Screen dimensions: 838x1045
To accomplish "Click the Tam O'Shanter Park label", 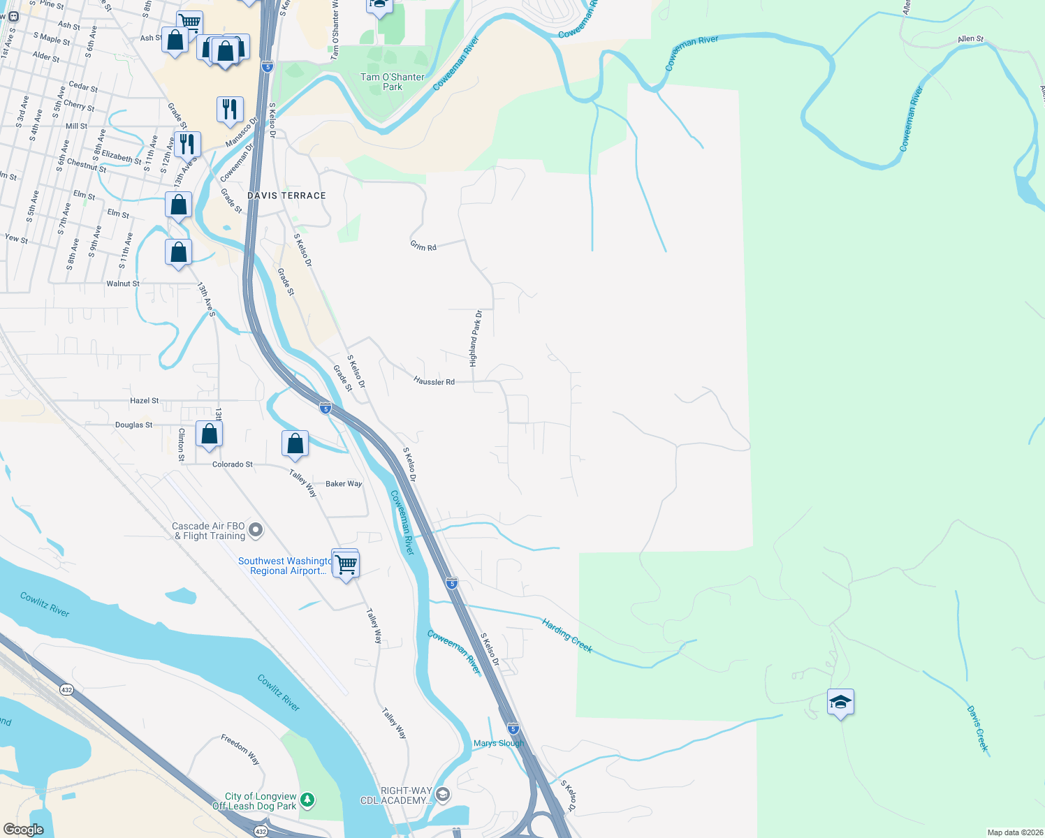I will point(392,82).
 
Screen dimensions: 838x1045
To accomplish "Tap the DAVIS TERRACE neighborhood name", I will point(286,196).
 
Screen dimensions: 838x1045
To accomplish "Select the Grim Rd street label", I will point(423,246).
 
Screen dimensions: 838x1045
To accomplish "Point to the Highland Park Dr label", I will point(475,339).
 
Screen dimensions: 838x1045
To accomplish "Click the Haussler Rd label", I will point(434,381).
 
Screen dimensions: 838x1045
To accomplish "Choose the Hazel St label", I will point(145,401).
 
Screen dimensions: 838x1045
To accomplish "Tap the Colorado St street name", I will point(232,464).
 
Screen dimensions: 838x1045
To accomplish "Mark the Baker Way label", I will point(344,483).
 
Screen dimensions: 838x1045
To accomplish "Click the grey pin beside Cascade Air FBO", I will point(256,531).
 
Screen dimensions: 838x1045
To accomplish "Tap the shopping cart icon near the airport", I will point(346,564).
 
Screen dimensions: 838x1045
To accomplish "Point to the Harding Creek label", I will point(567,635).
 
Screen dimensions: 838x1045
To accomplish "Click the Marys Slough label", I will point(498,743).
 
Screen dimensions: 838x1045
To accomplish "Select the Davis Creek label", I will point(978,729).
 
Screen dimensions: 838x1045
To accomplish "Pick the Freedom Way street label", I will point(240,749).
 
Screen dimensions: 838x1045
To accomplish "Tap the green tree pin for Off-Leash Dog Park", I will point(307,799).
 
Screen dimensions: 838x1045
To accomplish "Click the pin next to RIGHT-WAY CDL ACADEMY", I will point(442,795).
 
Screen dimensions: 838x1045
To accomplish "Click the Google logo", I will point(24,829).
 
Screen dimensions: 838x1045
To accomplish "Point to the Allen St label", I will point(970,39).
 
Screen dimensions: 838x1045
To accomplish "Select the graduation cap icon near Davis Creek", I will point(840,703).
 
